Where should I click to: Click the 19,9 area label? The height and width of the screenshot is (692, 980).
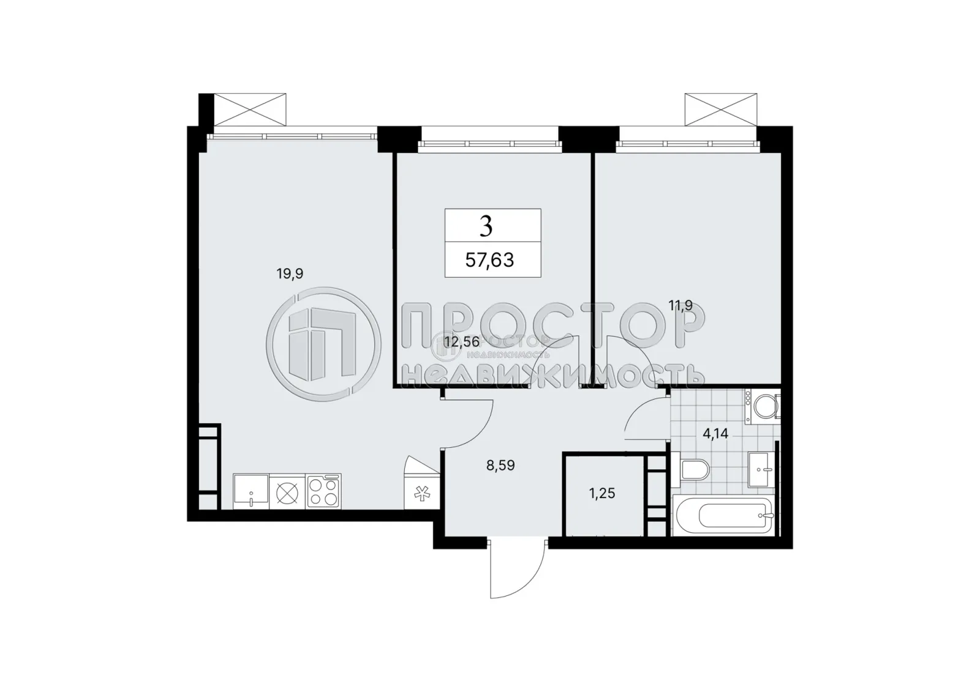point(290,274)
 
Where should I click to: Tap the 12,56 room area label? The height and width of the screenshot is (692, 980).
point(462,342)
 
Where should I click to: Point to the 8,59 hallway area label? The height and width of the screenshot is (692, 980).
point(500,466)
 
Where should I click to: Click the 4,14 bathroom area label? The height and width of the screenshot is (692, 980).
point(715,434)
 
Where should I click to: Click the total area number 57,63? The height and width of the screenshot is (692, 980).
point(489,261)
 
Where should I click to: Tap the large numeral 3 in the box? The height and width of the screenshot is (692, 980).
point(486,226)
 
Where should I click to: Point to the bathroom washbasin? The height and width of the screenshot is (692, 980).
point(762,470)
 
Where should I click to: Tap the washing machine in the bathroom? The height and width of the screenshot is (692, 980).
point(763,406)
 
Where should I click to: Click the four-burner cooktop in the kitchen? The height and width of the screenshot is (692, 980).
point(323,491)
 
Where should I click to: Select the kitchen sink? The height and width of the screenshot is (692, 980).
point(251,491)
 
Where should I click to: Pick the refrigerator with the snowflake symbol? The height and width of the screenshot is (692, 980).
point(421,493)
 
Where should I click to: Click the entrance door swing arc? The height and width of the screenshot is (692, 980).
point(518,572)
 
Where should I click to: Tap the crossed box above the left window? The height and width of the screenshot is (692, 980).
point(250,110)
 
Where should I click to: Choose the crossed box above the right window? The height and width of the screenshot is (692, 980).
point(721,110)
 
